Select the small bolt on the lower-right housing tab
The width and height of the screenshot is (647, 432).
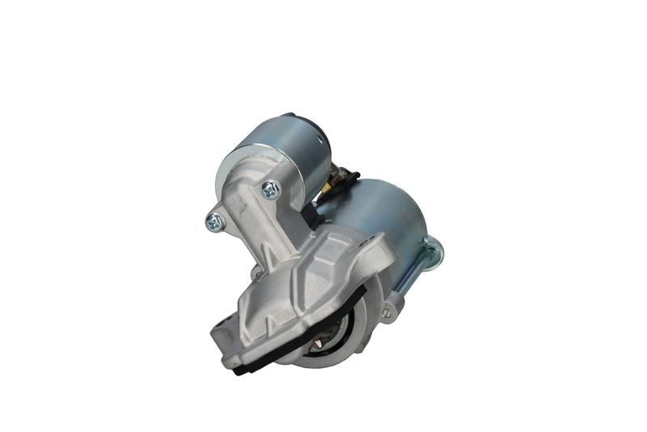tap(387, 312)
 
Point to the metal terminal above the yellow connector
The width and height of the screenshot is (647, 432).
tap(335, 172)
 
